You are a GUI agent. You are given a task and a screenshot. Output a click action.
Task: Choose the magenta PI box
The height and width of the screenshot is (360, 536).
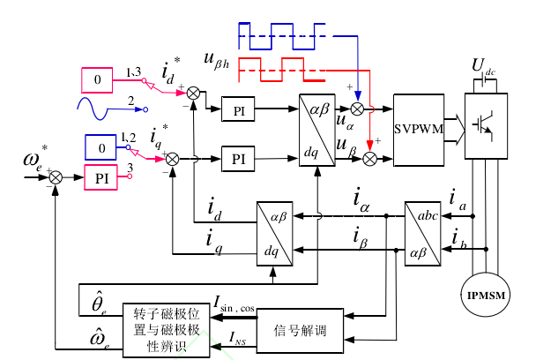[x=102, y=176]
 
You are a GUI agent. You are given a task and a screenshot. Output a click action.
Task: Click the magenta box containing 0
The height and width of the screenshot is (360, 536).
[x=100, y=80]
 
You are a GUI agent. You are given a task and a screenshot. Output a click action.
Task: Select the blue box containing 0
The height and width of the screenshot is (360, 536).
[x=102, y=146]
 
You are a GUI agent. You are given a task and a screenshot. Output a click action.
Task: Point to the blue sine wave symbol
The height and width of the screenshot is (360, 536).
[x=99, y=108]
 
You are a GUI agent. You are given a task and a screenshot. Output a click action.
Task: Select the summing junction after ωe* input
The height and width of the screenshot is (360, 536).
[x=56, y=176]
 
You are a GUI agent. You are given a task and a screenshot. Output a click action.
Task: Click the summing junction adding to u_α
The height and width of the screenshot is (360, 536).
[x=357, y=109]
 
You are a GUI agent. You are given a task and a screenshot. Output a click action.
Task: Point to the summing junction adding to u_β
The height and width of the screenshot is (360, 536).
[x=371, y=159]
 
